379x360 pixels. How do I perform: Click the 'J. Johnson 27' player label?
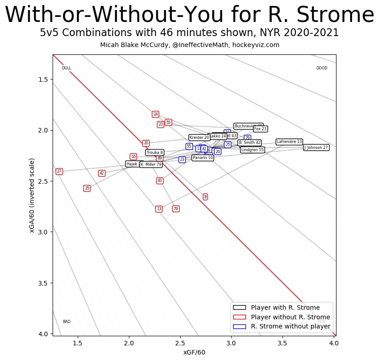pyautogui.click(x=316, y=148)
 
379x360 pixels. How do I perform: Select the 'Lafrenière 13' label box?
pyautogui.click(x=289, y=142)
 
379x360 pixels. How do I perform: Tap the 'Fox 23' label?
pyautogui.click(x=260, y=129)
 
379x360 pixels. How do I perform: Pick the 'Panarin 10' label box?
pyautogui.click(x=203, y=158)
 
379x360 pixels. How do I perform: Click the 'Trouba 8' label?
pyautogui.click(x=155, y=153)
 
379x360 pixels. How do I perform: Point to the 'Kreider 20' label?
pyautogui.click(x=199, y=138)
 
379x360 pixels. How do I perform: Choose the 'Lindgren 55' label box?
pyautogui.click(x=252, y=150)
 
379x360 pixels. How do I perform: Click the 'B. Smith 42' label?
pyautogui.click(x=249, y=143)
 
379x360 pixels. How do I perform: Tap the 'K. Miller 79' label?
pyautogui.click(x=151, y=164)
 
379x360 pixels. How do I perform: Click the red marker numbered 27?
pyautogui.click(x=59, y=171)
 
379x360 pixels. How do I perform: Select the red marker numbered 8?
pyautogui.click(x=205, y=197)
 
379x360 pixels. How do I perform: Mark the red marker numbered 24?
pyautogui.click(x=155, y=114)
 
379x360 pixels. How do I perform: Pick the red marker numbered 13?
pyautogui.click(x=159, y=209)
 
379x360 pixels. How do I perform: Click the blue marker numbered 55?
pyautogui.click(x=189, y=146)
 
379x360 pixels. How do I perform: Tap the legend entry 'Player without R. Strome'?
pyautogui.click(x=290, y=317)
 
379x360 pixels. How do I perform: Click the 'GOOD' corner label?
pyautogui.click(x=322, y=68)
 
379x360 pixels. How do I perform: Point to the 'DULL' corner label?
pyautogui.click(x=67, y=68)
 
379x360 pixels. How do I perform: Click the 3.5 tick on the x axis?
pyautogui.click(x=283, y=343)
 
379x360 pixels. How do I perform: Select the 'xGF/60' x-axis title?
pyautogui.click(x=194, y=352)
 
